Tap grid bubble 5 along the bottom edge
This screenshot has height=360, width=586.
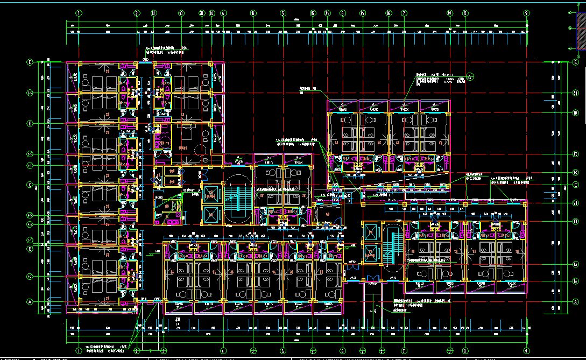click(x=282, y=351)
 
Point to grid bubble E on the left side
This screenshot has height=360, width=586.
click(x=30, y=62)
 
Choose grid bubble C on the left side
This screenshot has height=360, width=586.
click(x=30, y=185)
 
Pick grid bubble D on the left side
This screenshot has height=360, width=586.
click(x=30, y=124)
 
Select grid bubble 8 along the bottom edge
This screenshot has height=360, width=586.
click(x=465, y=351)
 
